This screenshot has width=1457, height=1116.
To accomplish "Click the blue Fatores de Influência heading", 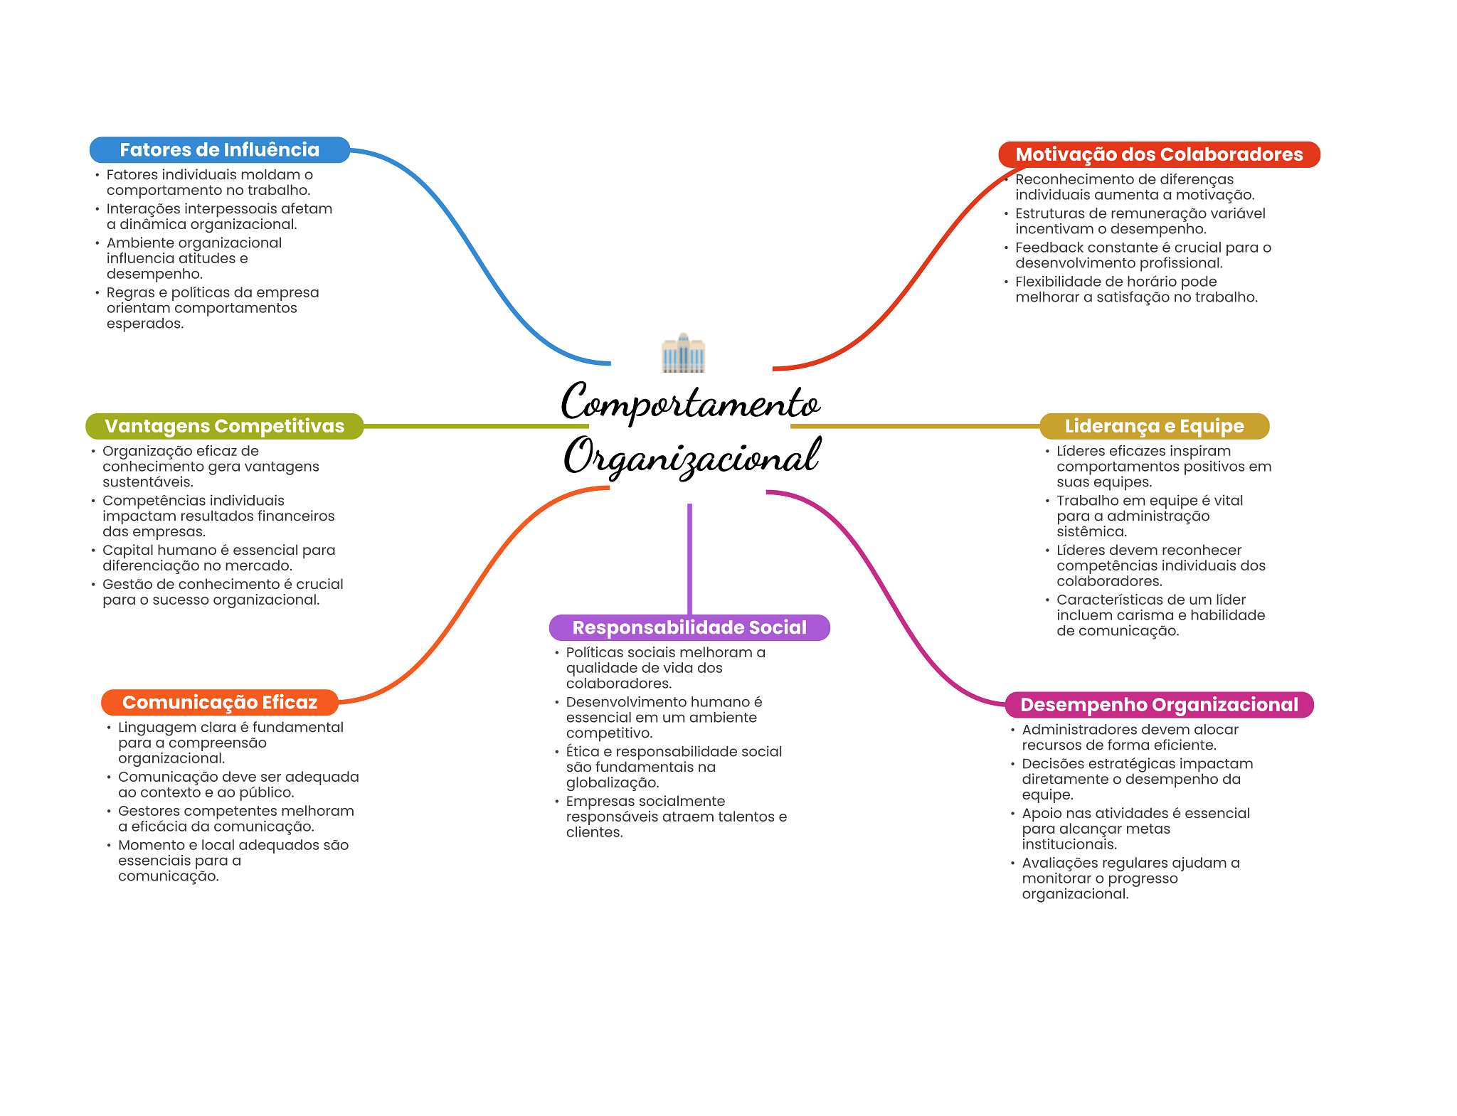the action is [x=219, y=150].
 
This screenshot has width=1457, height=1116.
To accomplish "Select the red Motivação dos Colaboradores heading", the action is [x=1158, y=154].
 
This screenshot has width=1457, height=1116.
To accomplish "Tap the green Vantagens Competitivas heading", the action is [x=224, y=426].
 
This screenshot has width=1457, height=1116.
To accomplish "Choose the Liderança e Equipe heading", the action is [x=1154, y=426].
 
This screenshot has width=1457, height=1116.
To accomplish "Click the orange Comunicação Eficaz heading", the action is [x=219, y=703].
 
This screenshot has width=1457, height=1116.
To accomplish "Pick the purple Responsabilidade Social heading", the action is [x=689, y=627].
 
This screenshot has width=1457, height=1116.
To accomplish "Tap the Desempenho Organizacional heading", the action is [x=1159, y=705].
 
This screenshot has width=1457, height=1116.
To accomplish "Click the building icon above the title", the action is [x=683, y=353].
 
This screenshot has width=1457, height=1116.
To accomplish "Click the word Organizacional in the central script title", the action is [x=692, y=457].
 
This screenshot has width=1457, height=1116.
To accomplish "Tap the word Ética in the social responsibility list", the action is [x=582, y=752].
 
